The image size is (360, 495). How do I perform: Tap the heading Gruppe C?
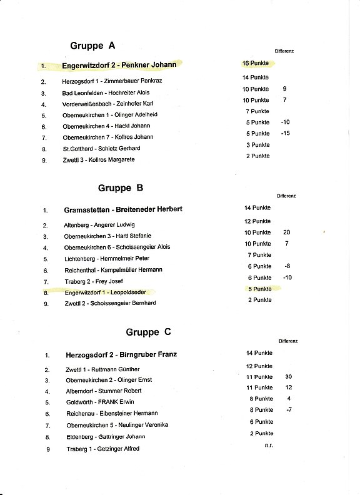click(x=149, y=332)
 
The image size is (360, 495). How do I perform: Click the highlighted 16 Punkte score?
click(x=256, y=63)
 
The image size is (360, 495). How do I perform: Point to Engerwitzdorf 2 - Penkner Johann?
click(x=119, y=64)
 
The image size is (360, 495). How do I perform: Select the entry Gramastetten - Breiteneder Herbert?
click(x=122, y=209)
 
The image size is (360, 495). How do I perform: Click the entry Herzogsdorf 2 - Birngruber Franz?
click(x=121, y=354)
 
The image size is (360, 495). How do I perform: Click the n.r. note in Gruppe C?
click(x=268, y=444)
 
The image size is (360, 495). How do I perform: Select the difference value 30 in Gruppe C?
click(x=288, y=377)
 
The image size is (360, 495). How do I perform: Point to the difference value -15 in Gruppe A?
click(x=286, y=133)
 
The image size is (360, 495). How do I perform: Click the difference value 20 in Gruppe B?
click(x=286, y=232)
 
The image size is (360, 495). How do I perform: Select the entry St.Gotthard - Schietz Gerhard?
click(x=101, y=148)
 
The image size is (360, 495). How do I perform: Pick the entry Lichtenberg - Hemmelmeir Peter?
click(x=106, y=258)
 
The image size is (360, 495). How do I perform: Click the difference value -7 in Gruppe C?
click(x=289, y=409)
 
